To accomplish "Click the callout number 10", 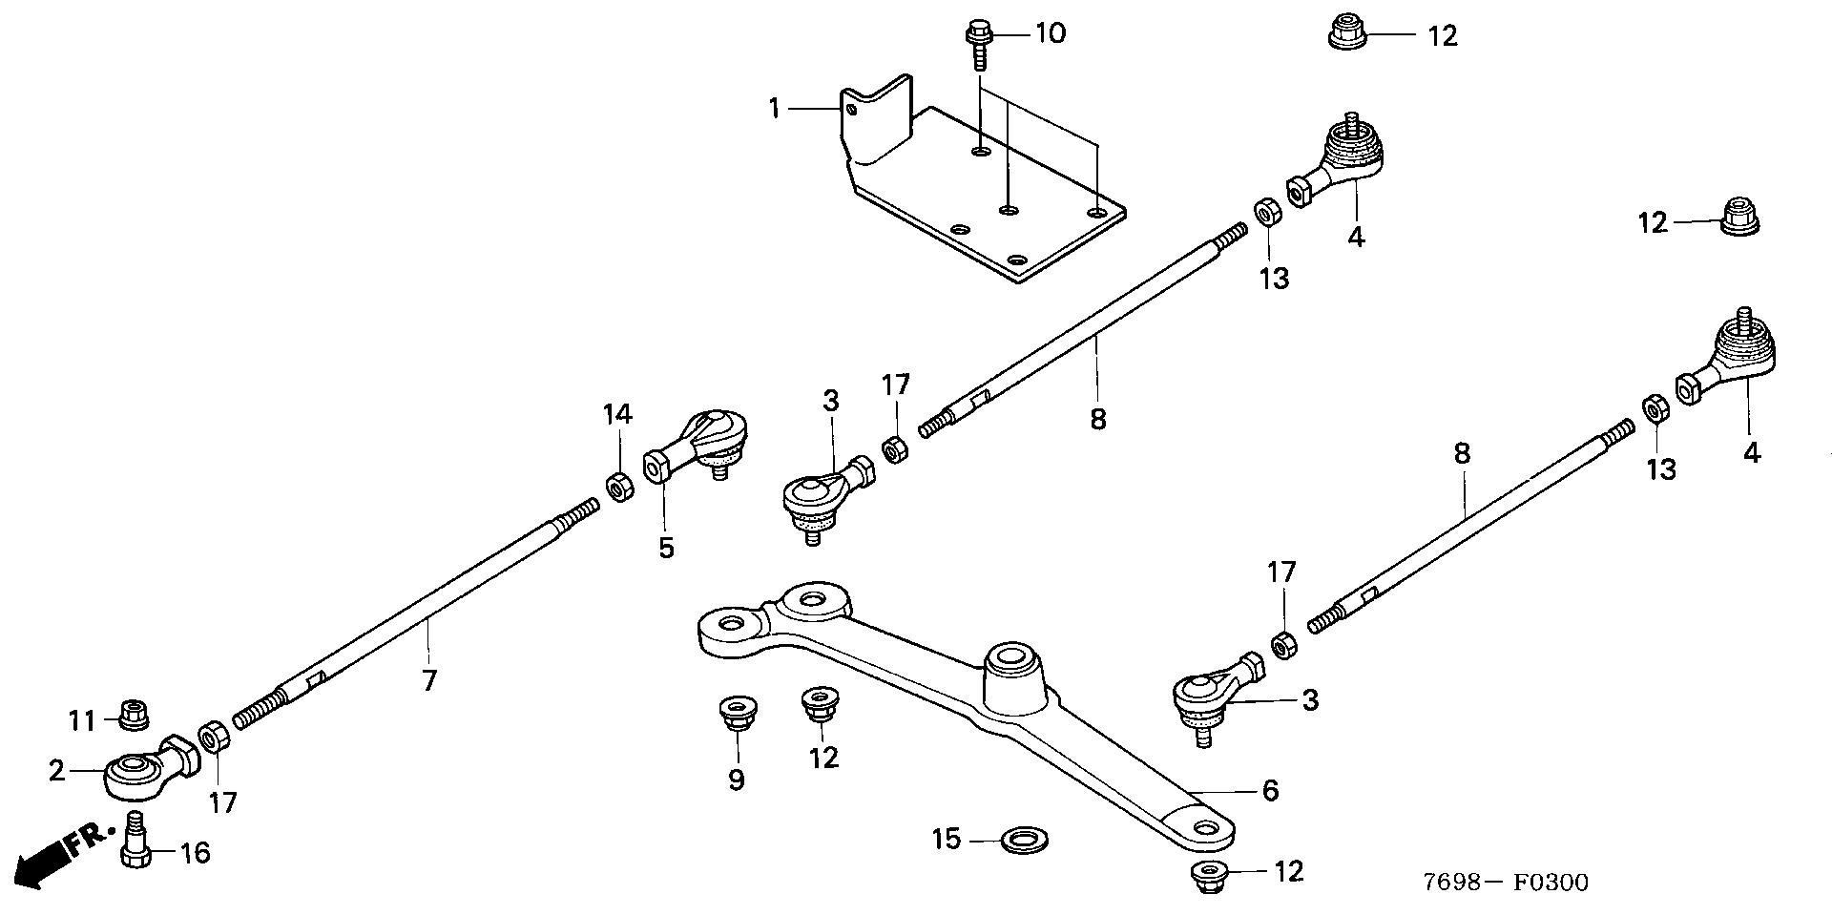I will pyautogui.click(x=1050, y=34).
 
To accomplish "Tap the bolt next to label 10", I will pyautogui.click(x=978, y=44).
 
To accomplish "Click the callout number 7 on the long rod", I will pyautogui.click(x=429, y=681).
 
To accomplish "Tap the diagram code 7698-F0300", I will pyautogui.click(x=1506, y=883).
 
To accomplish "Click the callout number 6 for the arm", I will pyautogui.click(x=1270, y=790).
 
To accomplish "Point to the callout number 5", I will pyautogui.click(x=666, y=548).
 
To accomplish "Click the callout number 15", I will pyautogui.click(x=947, y=840).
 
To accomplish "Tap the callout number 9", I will pyautogui.click(x=736, y=780).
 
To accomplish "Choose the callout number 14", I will pyautogui.click(x=617, y=414).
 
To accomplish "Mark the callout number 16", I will pyautogui.click(x=196, y=852).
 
